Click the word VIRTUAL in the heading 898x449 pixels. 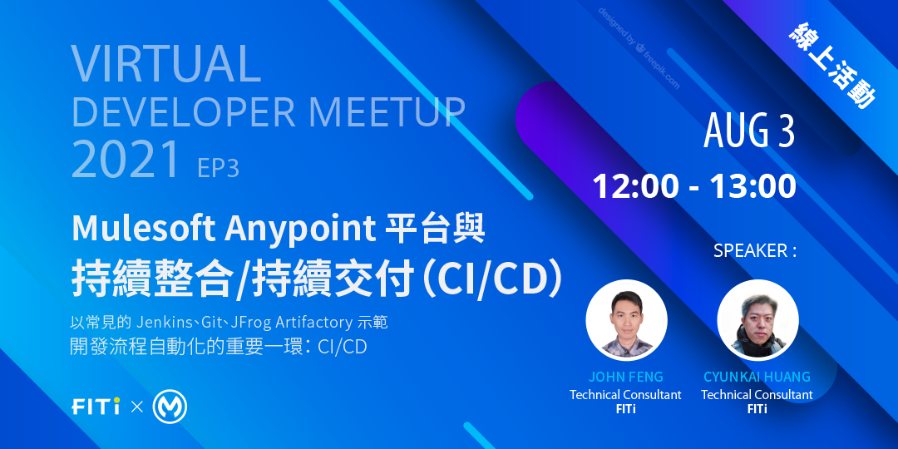coord(166,62)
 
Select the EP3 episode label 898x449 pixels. coord(218,168)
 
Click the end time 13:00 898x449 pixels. coord(753,186)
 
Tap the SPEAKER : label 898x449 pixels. coord(755,251)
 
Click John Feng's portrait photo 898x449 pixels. coord(626,320)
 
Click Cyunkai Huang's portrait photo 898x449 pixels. coord(757,320)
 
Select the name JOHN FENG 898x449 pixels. coord(625,377)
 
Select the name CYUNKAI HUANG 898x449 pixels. coord(757,377)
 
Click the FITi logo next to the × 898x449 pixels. coord(96,407)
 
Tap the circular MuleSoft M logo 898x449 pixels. coord(170,407)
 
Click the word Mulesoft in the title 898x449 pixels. coord(143,229)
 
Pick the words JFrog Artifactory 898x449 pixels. coord(291,323)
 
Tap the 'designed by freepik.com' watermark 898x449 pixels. coord(639,48)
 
